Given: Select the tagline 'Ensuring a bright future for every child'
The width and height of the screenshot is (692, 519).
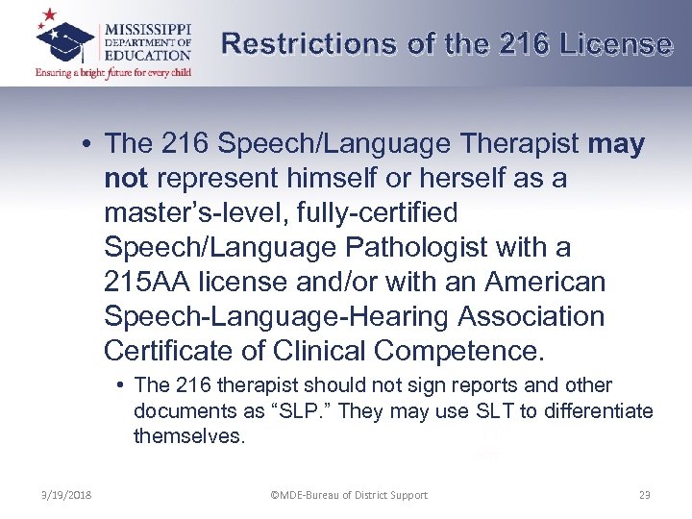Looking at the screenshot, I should (x=112, y=71).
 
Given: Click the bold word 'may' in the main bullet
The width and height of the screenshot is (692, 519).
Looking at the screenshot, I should (x=615, y=144).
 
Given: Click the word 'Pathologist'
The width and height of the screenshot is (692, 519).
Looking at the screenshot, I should (x=415, y=248).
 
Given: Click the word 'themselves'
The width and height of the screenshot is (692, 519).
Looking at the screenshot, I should (x=189, y=437).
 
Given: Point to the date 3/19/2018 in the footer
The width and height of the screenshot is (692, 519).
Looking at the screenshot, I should (x=67, y=495).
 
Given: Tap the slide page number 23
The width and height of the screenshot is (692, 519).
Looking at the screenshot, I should (x=644, y=495).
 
